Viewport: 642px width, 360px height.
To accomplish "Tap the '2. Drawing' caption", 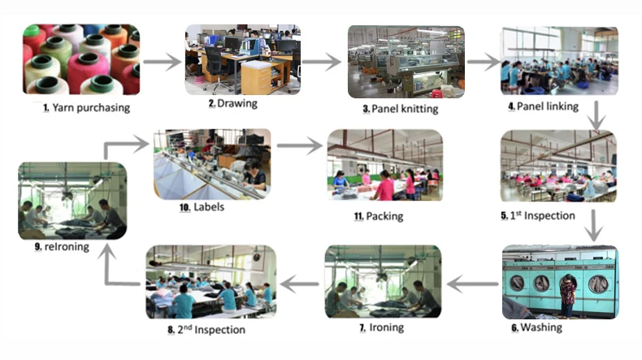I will click(x=232, y=103).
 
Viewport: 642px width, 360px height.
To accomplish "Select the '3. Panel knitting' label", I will click(x=401, y=108).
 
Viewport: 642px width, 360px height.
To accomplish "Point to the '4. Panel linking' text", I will click(x=543, y=106).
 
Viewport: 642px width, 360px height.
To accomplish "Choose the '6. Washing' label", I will click(x=536, y=327).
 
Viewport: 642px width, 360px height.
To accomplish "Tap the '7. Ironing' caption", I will click(x=381, y=327).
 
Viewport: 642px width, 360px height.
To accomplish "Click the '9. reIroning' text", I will click(x=63, y=247).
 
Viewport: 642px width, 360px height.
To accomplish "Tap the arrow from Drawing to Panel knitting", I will click(x=320, y=61).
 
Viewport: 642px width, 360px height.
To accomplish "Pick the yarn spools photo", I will click(x=80, y=59).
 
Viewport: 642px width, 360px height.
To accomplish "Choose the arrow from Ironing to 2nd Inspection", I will click(x=300, y=284).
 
